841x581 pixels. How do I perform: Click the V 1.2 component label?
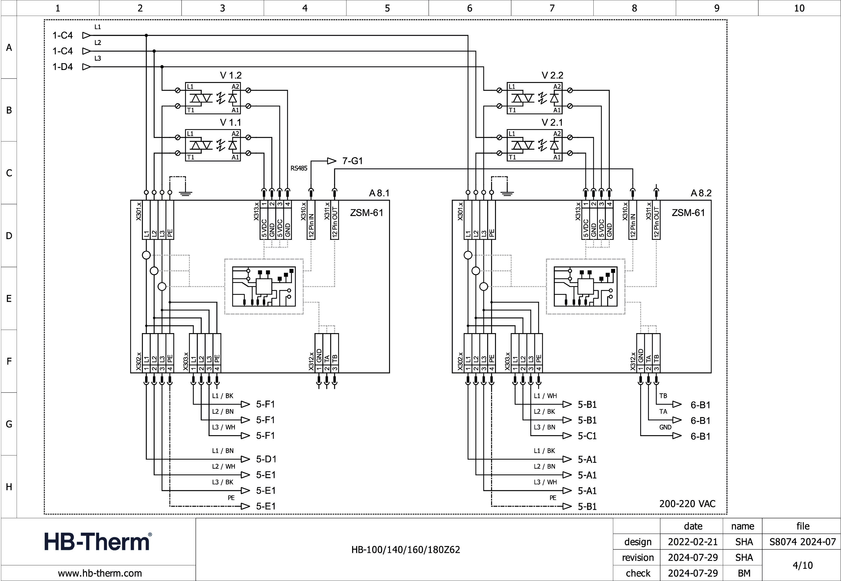(231, 75)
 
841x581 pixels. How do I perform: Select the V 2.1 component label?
(552, 122)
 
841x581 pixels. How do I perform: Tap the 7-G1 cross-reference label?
(352, 161)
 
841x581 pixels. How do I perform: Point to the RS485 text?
(299, 168)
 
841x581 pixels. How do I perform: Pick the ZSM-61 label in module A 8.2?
(688, 213)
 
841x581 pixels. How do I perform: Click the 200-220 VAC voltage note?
(687, 504)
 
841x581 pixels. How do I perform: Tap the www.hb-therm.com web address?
(100, 573)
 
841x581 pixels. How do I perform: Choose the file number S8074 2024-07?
(802, 542)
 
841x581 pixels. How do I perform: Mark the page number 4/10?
(802, 565)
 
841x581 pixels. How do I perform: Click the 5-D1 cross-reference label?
(266, 459)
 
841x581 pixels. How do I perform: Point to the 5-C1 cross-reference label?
(587, 436)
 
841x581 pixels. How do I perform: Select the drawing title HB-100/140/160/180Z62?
(405, 549)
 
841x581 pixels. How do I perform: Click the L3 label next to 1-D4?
(98, 58)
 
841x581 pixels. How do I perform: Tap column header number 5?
(387, 8)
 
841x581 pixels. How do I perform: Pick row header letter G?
(9, 424)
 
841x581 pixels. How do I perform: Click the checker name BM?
(744, 573)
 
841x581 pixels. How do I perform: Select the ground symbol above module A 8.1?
(185, 193)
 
